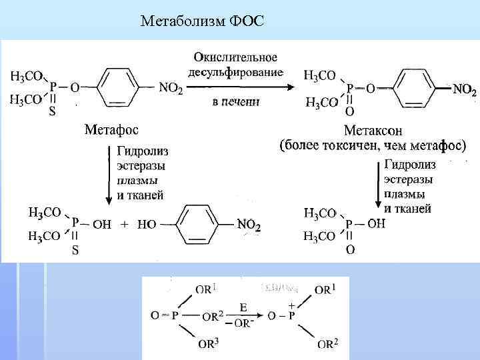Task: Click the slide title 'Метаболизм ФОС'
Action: tap(203, 22)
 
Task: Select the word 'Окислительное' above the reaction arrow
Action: tap(236, 58)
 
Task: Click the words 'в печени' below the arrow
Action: tap(236, 102)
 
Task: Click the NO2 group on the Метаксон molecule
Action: tap(464, 89)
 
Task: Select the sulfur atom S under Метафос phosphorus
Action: tap(52, 112)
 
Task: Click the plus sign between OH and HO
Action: tap(124, 225)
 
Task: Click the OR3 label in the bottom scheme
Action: tap(207, 345)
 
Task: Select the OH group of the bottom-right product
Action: tap(376, 224)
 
